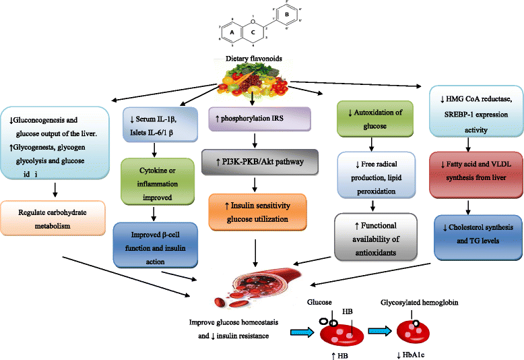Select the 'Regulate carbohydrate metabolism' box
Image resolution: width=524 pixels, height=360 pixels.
pos(53,217)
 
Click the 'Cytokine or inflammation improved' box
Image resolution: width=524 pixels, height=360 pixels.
pos(156,180)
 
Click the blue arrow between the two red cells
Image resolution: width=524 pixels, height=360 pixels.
pos(376,331)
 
